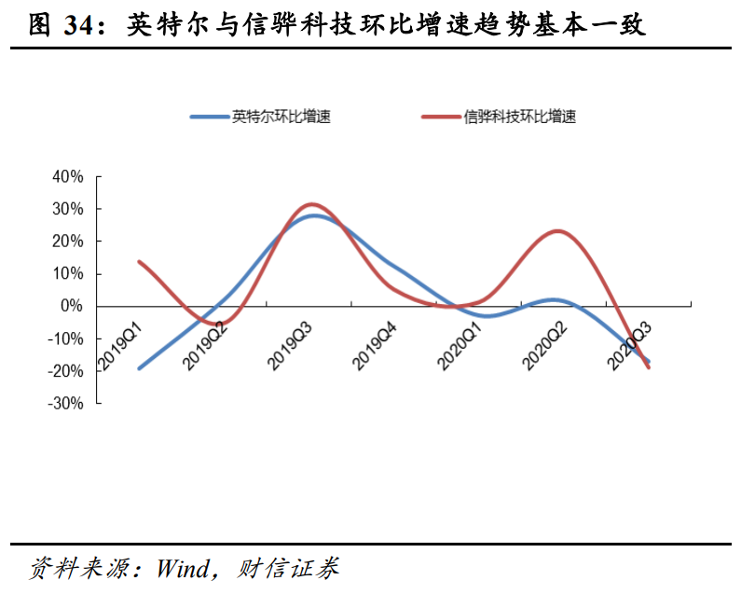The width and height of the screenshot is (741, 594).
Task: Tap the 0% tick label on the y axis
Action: (x=73, y=306)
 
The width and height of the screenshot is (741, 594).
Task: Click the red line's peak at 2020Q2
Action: (x=557, y=230)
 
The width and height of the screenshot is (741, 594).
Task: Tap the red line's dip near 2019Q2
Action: (x=224, y=324)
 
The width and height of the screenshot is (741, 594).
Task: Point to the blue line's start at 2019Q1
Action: (x=139, y=368)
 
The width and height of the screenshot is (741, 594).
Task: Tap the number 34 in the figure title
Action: (x=83, y=26)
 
